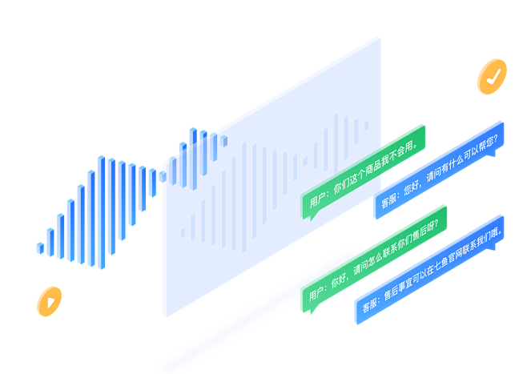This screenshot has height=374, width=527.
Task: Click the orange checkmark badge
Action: [492, 76]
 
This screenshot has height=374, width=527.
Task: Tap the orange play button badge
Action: [49, 301]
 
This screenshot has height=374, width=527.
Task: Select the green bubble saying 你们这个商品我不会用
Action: [363, 171]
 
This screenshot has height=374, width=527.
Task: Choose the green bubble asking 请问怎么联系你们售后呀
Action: [373, 257]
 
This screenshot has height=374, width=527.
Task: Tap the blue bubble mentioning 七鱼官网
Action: [429, 268]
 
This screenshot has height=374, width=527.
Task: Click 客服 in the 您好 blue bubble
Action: [389, 199]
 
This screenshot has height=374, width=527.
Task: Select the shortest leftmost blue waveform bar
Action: [40, 247]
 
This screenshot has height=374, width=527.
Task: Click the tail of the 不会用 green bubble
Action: [312, 215]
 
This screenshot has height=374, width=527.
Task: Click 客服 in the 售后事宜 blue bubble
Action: [369, 305]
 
